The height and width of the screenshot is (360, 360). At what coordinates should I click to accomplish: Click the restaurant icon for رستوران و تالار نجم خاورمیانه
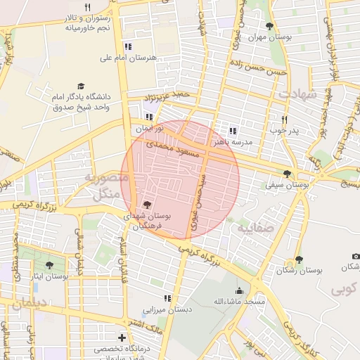coord(87,8)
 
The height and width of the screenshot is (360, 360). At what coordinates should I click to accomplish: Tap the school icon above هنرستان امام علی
coord(127,46)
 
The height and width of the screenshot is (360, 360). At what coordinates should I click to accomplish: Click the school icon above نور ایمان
coord(148,117)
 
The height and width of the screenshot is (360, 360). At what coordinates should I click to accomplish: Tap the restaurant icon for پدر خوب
coord(284,120)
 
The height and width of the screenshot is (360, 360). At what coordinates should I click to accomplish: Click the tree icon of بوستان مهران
coord(269,26)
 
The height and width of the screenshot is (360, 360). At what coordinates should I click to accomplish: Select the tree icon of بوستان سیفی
coord(286,174)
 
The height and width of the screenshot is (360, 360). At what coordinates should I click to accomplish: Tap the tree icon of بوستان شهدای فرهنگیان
coord(146,205)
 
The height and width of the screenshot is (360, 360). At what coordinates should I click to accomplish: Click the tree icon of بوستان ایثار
coord(49,265)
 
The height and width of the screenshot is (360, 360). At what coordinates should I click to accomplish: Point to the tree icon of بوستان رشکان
coord(300,259)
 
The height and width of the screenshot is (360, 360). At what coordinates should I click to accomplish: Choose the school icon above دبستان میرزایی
coord(167,298)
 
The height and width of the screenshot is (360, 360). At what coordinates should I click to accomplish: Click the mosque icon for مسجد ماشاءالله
coord(239,291)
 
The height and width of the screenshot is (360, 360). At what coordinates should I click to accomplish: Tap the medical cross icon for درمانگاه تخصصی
coord(122,337)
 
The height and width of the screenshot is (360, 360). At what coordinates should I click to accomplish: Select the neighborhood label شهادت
coord(298,94)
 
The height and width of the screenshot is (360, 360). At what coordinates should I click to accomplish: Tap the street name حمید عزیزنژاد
coord(167,95)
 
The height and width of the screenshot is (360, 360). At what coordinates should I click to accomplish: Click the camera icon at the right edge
coord(356,256)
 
